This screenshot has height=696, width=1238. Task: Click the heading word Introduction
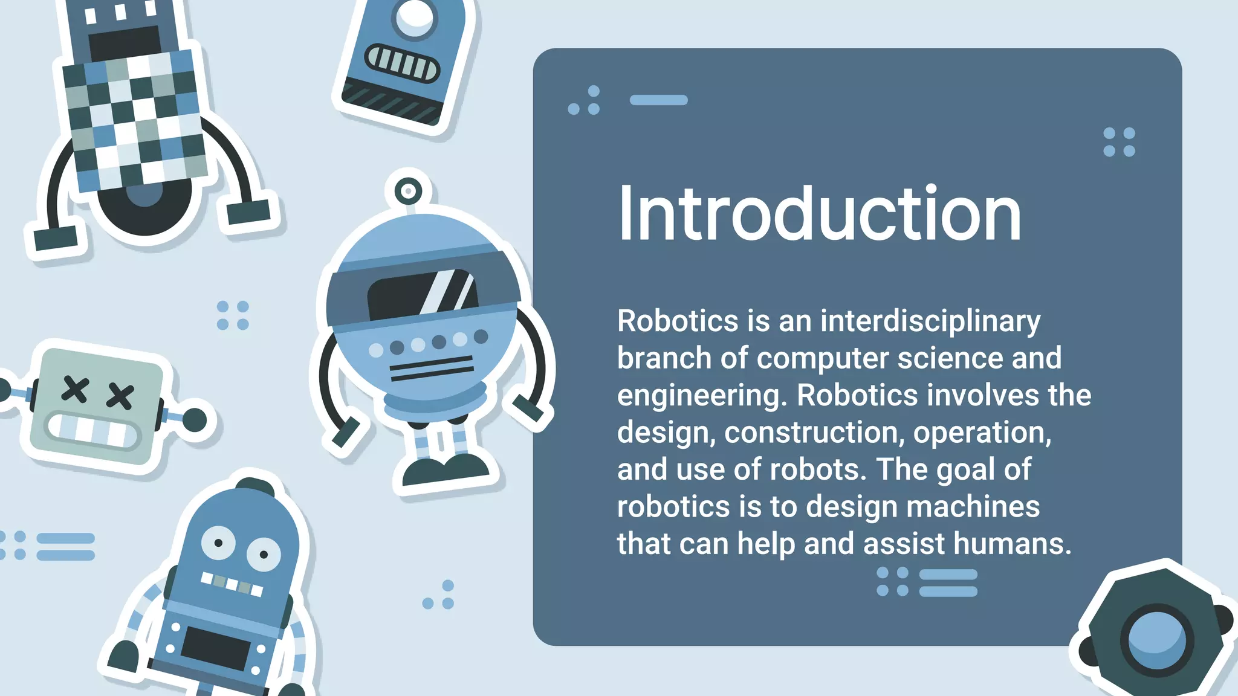(x=819, y=214)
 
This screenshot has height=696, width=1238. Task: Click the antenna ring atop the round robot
(x=409, y=192)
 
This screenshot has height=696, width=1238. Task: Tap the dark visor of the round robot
(x=422, y=295)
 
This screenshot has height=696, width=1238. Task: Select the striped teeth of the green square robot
(x=93, y=430)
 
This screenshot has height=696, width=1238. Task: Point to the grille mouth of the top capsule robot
(x=402, y=63)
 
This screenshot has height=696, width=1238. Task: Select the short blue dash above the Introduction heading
(x=658, y=100)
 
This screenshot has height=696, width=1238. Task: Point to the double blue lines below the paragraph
(x=948, y=582)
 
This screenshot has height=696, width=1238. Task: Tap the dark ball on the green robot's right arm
(x=195, y=420)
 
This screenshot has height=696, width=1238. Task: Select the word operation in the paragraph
(x=982, y=433)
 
